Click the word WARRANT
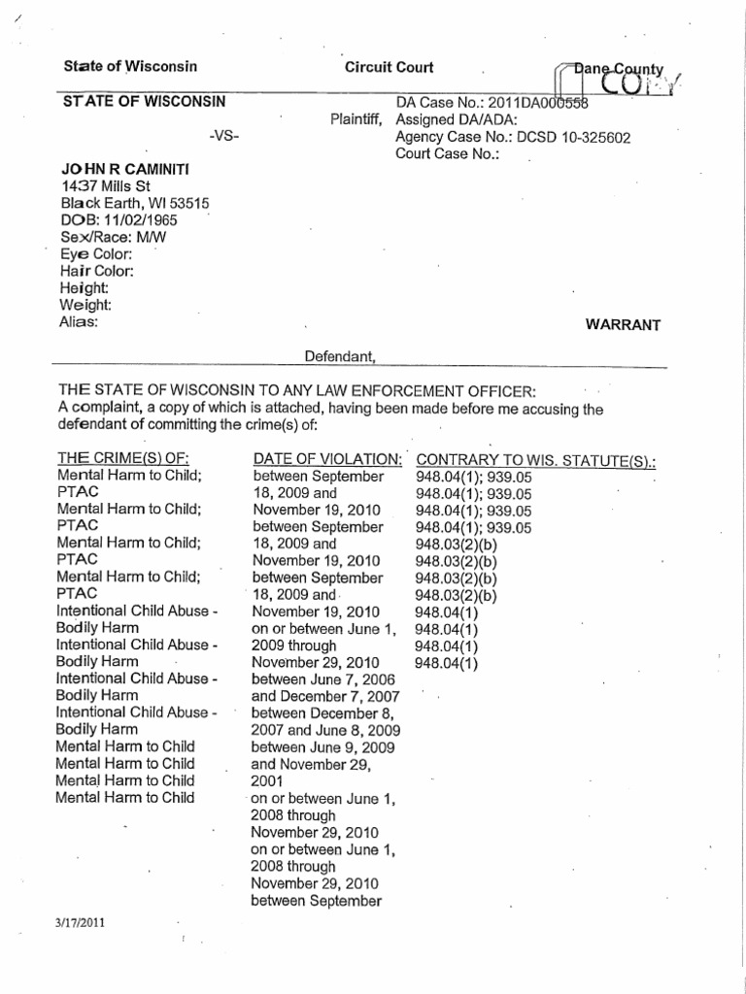coord(623,325)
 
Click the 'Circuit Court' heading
coord(390,67)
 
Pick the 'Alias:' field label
coord(79,322)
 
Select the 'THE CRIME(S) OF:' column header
coord(123,458)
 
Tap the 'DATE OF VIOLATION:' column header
coord(327,458)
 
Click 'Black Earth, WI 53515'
coord(135,204)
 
